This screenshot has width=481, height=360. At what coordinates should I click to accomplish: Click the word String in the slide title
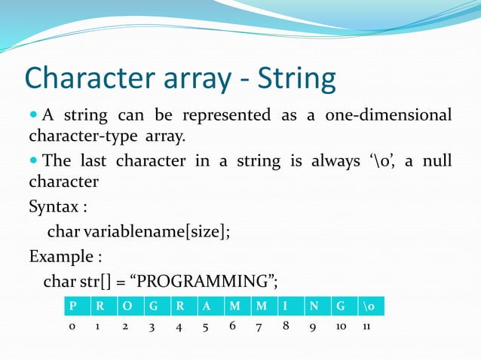coord(297,78)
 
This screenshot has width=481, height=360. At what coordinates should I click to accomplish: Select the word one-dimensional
coord(388,115)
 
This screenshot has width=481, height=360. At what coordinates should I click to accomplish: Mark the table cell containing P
coord(72,307)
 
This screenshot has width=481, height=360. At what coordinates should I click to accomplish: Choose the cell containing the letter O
coord(126,307)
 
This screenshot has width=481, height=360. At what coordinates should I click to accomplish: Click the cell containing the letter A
coord(206,307)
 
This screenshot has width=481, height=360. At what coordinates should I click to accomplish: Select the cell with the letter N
coord(314,307)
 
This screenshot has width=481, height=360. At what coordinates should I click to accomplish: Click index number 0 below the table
coord(72,328)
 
